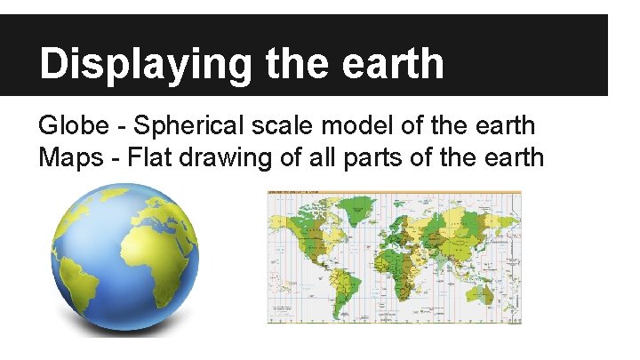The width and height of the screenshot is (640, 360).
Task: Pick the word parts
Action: (379, 158)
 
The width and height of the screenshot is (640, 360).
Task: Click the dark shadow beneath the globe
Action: (124, 331)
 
